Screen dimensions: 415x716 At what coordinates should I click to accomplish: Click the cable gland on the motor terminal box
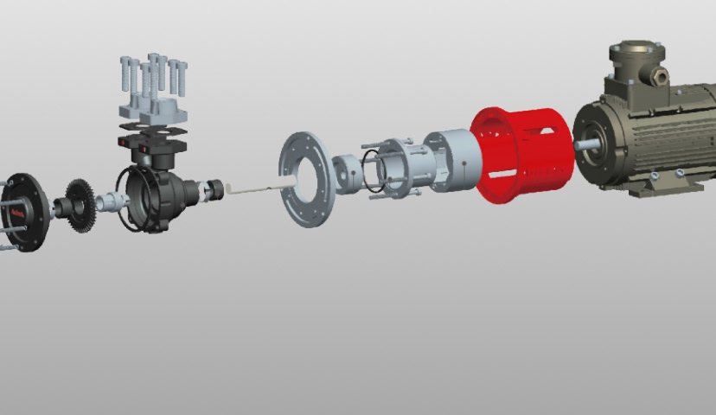click(661, 76)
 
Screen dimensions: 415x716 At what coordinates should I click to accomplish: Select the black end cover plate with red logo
click(25, 212)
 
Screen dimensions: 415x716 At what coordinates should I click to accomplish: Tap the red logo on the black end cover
click(17, 211)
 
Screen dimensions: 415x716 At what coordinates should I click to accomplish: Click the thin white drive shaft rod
click(259, 185)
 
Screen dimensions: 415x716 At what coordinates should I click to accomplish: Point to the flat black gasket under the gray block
click(154, 126)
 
